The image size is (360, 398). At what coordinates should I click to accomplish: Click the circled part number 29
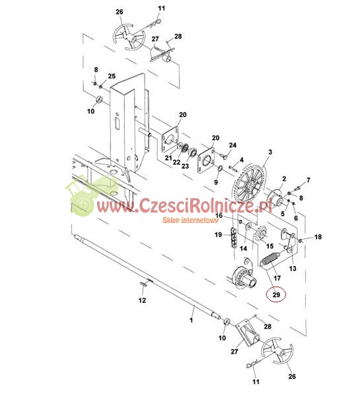(276, 294)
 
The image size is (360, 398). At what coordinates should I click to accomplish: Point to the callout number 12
(142, 300)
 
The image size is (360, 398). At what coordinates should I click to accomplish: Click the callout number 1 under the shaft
(192, 320)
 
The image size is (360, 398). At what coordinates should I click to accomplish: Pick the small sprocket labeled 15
(260, 235)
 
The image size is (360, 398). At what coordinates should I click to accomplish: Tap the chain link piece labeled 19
(233, 237)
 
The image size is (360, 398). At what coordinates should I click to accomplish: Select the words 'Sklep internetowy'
(190, 220)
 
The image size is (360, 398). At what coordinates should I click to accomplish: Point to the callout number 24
(233, 145)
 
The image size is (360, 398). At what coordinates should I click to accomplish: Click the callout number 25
(112, 76)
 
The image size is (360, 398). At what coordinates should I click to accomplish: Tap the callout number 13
(293, 268)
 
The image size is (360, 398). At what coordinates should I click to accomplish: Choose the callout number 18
(318, 237)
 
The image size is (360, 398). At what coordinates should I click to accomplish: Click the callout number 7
(308, 180)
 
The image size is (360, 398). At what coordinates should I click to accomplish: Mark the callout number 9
(216, 182)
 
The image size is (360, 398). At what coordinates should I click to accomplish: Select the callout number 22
(176, 162)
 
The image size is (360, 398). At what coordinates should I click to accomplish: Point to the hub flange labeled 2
(275, 200)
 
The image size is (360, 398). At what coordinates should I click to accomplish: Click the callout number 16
(219, 215)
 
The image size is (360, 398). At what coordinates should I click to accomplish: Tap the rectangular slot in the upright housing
(118, 123)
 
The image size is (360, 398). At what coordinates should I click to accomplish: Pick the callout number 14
(243, 248)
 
